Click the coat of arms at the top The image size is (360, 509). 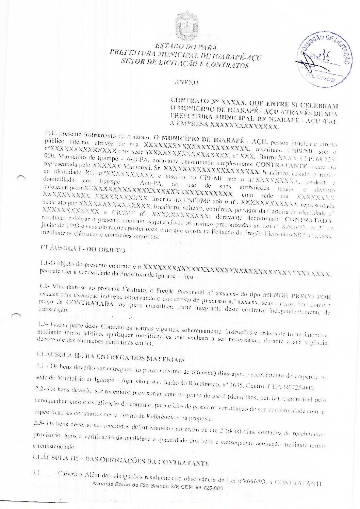[186, 25]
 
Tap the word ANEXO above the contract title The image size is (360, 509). [186, 82]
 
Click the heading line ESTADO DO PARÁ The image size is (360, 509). [186, 47]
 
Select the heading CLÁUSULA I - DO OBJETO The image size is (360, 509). [83, 249]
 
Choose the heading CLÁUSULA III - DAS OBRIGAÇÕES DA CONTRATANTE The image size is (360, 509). [120, 460]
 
